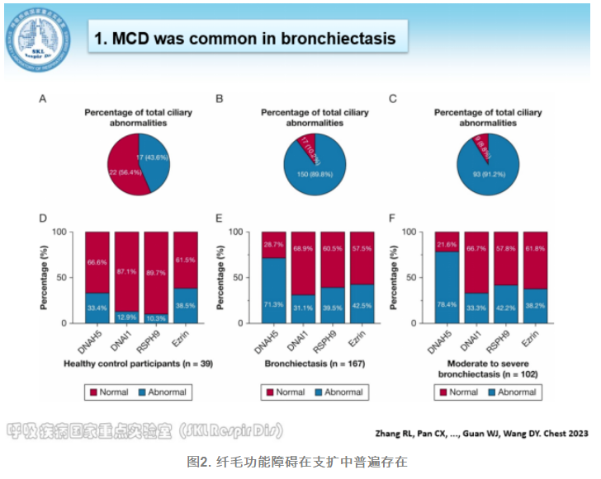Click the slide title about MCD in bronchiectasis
click(x=245, y=39)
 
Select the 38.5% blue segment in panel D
click(x=187, y=305)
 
